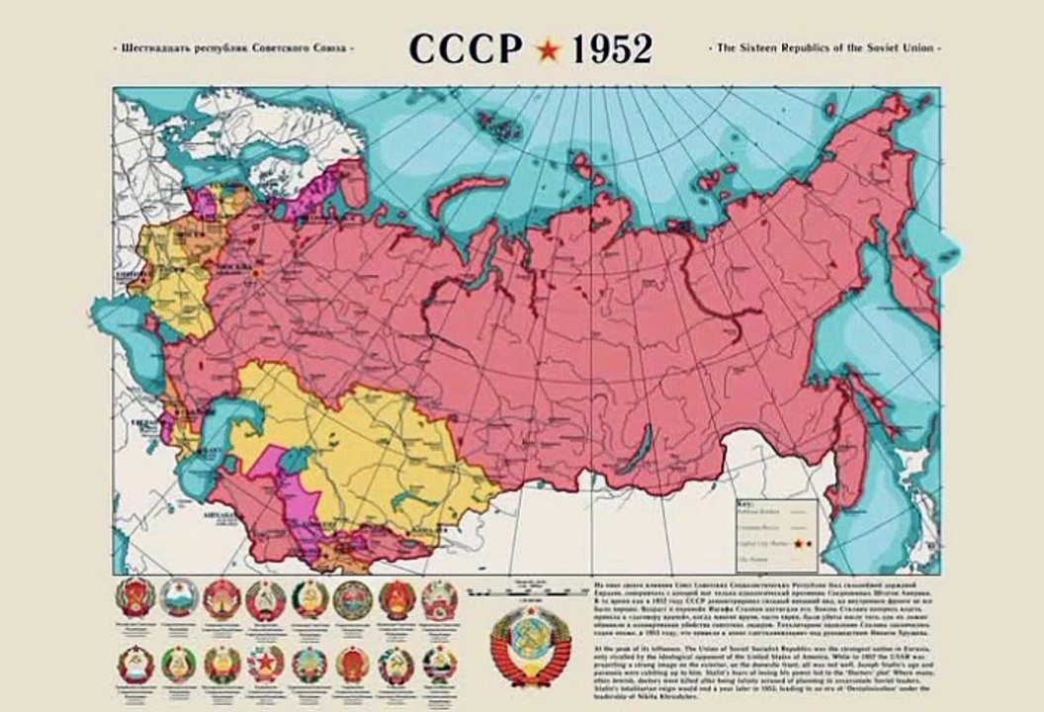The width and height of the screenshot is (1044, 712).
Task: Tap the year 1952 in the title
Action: coord(606,47)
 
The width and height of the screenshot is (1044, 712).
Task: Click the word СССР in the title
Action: coord(465,47)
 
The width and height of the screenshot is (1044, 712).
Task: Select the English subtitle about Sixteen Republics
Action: coord(826,47)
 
